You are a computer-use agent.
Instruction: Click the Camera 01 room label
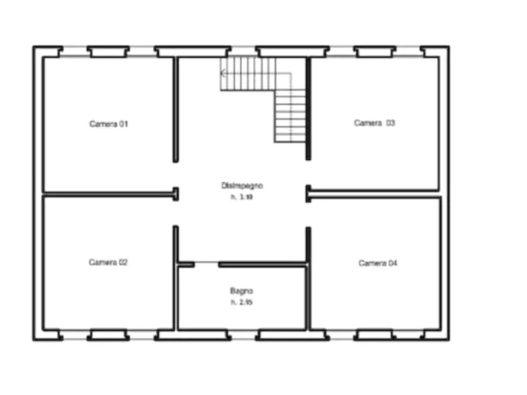tap(109, 124)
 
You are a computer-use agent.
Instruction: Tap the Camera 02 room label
tap(108, 262)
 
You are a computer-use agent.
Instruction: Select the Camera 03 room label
tap(374, 123)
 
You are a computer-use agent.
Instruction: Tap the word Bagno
tap(242, 291)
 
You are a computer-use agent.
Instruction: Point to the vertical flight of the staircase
tap(290, 115)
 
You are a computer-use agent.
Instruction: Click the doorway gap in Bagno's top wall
tap(207, 265)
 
